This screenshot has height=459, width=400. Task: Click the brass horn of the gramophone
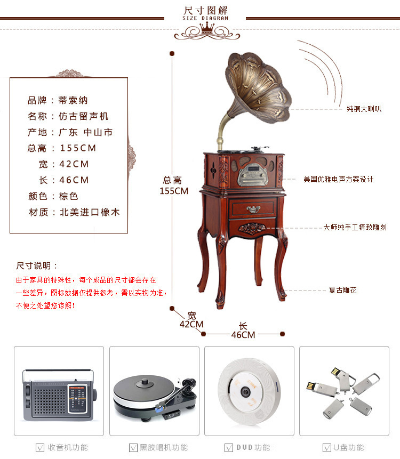pyautogui.click(x=258, y=88)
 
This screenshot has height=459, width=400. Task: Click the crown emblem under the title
pyautogui.click(x=207, y=29)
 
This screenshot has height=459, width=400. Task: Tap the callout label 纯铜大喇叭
pyautogui.click(x=364, y=109)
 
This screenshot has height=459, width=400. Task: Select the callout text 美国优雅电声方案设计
pyautogui.click(x=338, y=179)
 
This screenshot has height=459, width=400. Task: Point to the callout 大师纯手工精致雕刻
pyautogui.click(x=355, y=227)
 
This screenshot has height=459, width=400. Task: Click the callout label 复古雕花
pyautogui.click(x=342, y=290)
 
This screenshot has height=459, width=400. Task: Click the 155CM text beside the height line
pyautogui.click(x=174, y=191)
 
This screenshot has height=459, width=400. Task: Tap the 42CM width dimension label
pyautogui.click(x=191, y=324)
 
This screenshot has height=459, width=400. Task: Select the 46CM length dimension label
pyautogui.click(x=243, y=335)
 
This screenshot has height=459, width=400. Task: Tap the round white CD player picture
pyautogui.click(x=249, y=392)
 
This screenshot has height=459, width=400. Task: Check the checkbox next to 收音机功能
pyautogui.click(x=40, y=448)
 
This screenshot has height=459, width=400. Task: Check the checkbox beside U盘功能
pyautogui.click(x=327, y=448)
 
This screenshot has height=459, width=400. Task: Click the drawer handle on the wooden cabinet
pyautogui.click(x=253, y=209)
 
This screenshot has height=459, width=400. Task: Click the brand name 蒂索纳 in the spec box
pyautogui.click(x=73, y=100)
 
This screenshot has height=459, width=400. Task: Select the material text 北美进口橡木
pyautogui.click(x=90, y=212)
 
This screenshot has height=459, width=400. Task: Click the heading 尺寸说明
pyautogui.click(x=34, y=266)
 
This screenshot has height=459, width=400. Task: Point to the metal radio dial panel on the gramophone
pyautogui.click(x=253, y=175)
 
